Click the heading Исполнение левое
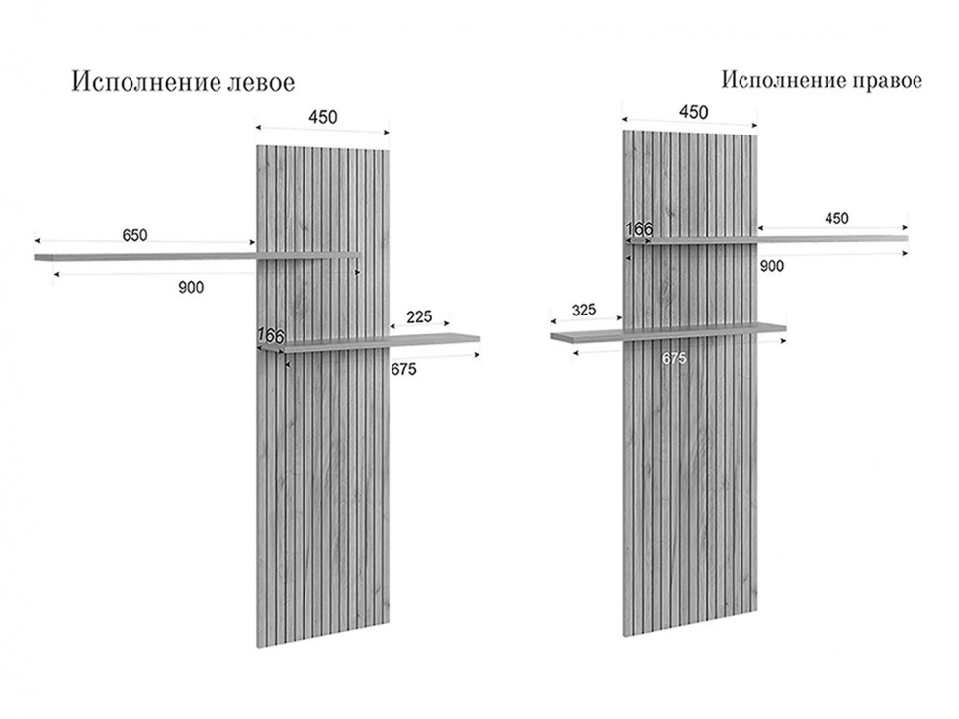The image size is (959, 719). pyautogui.click(x=183, y=82)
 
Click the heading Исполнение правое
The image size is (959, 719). pyautogui.click(x=822, y=80)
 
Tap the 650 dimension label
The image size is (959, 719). pyautogui.click(x=134, y=235)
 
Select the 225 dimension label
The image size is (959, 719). pyautogui.click(x=418, y=317)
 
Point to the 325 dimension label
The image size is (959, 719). pyautogui.click(x=584, y=310)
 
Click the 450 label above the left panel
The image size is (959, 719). pyautogui.click(x=322, y=117)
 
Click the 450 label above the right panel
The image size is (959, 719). pyautogui.click(x=692, y=112)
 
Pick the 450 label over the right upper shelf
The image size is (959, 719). pyautogui.click(x=835, y=219)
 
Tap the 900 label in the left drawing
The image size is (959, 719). pyautogui.click(x=191, y=288)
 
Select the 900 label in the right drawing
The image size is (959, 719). pyautogui.click(x=772, y=266)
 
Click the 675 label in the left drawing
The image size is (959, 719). pyautogui.click(x=403, y=369)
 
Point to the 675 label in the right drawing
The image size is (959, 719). pyautogui.click(x=673, y=358)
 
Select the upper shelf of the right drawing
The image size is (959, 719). pyautogui.click(x=830, y=238)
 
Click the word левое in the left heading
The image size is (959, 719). pyautogui.click(x=259, y=82)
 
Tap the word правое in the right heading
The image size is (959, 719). pyautogui.click(x=886, y=80)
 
